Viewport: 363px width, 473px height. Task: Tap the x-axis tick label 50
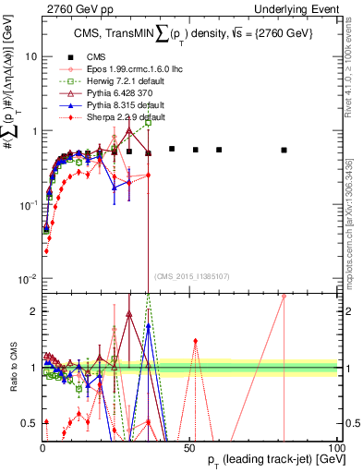click(x=189, y=447)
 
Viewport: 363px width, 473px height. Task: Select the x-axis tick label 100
click(x=336, y=447)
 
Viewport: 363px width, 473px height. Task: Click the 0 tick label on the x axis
click(x=42, y=447)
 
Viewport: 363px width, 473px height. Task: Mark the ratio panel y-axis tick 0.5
click(x=28, y=423)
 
